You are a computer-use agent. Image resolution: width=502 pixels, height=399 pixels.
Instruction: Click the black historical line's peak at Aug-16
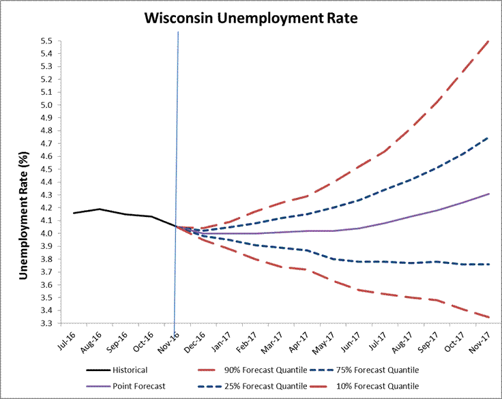click(100, 209)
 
